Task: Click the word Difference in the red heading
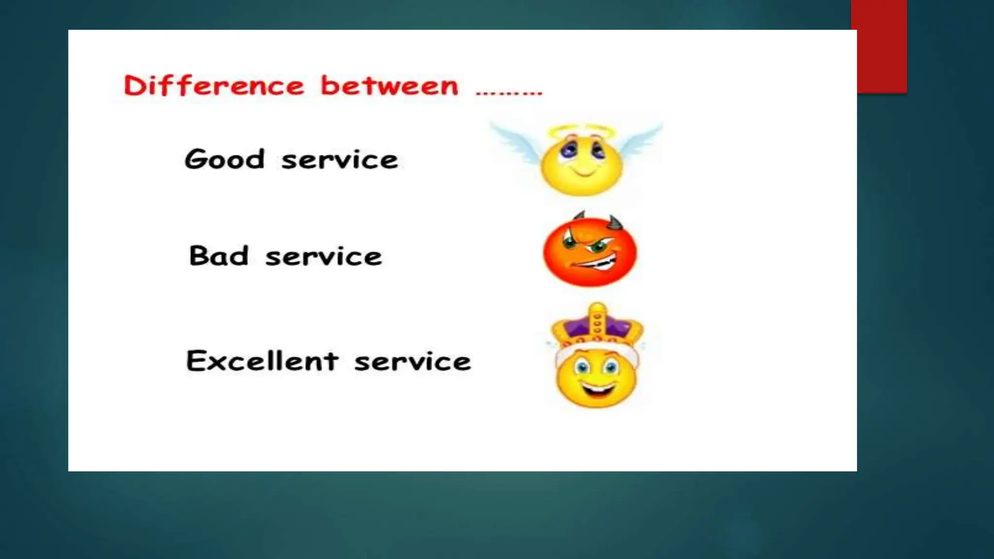click(214, 86)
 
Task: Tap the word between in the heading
click(389, 86)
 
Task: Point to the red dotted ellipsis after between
click(509, 92)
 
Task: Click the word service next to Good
click(340, 160)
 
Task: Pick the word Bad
click(218, 256)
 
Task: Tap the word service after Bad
click(324, 257)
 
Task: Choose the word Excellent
click(262, 361)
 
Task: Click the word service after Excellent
click(413, 362)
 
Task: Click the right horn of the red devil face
click(615, 223)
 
